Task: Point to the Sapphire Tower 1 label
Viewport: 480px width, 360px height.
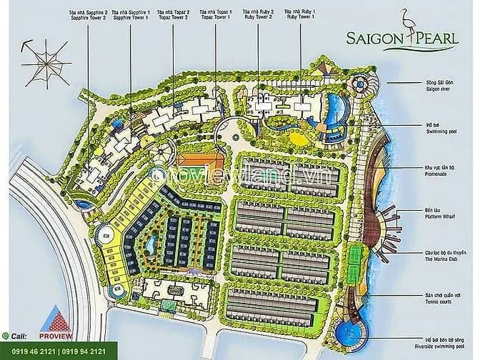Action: [x=143, y=17]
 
